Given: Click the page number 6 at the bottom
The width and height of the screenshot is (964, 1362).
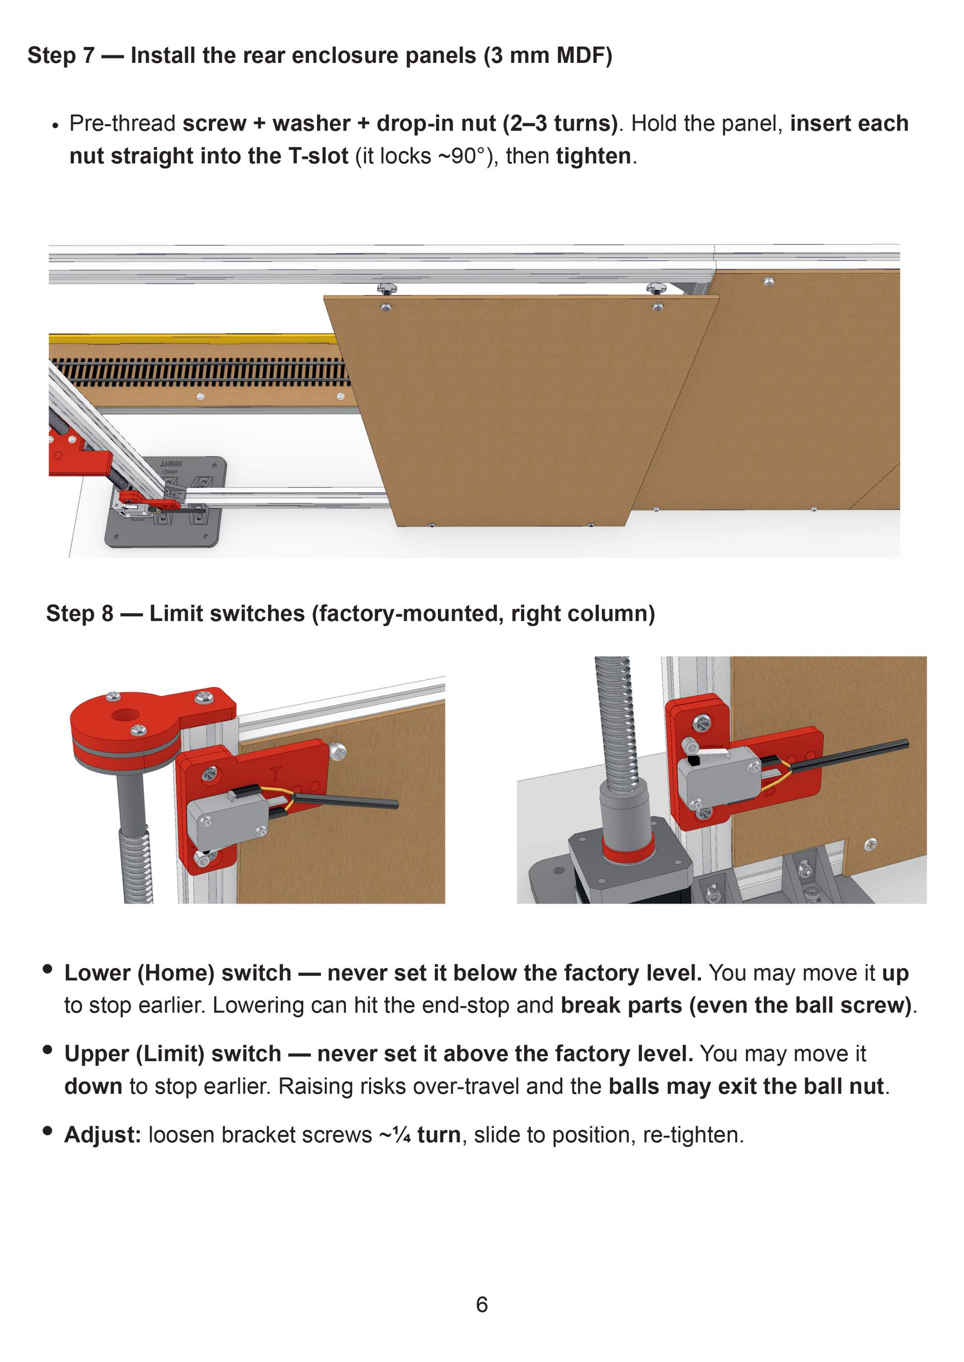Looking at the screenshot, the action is (x=482, y=1304).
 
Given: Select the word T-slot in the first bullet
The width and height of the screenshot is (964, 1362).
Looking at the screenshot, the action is (x=318, y=156).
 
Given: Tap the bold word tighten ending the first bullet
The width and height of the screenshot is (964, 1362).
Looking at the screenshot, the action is (x=593, y=156).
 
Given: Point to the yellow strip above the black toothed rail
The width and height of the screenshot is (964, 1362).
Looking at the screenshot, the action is (x=193, y=339).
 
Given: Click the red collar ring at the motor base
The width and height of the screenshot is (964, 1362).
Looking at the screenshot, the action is (x=629, y=849).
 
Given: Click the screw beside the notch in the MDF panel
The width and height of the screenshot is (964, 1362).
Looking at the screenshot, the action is (x=871, y=844).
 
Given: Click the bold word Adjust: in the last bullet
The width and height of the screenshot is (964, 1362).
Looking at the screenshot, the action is (x=103, y=1135).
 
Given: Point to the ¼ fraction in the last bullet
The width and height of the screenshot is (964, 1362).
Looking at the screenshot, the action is (x=402, y=1135).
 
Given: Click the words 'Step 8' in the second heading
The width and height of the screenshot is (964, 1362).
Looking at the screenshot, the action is (x=80, y=613).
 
